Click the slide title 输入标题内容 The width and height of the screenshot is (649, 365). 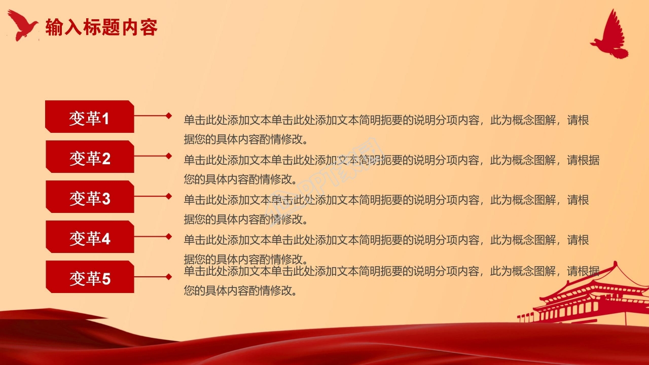pyautogui.click(x=101, y=27)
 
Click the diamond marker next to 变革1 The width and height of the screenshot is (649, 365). pyautogui.click(x=169, y=116)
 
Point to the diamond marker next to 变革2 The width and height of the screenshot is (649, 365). pyautogui.click(x=169, y=156)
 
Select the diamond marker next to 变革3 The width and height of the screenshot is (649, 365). pyautogui.click(x=169, y=196)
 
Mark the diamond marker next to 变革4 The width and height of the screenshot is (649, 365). pyautogui.click(x=169, y=236)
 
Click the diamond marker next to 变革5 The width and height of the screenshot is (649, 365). pyautogui.click(x=169, y=277)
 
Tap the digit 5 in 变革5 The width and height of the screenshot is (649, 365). pyautogui.click(x=106, y=279)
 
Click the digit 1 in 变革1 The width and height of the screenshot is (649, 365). pyautogui.click(x=105, y=119)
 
